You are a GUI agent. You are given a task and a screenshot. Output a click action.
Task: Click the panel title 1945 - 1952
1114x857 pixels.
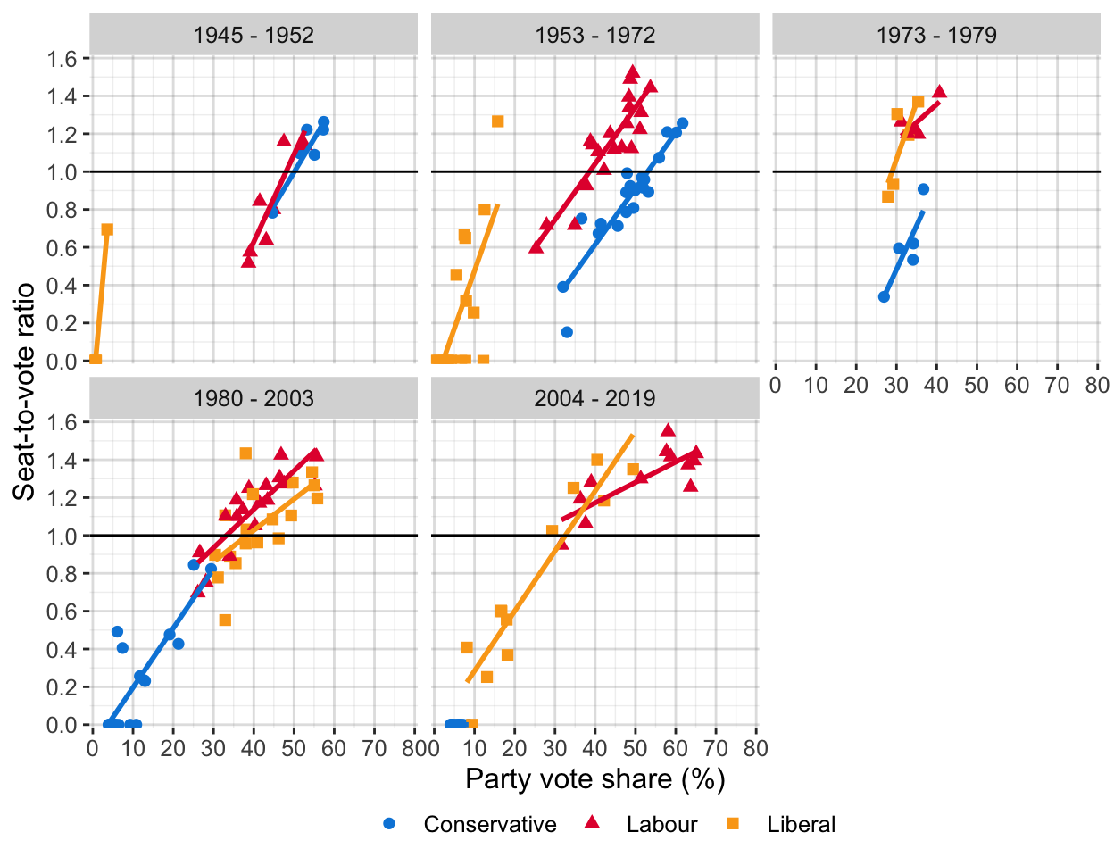coord(254,36)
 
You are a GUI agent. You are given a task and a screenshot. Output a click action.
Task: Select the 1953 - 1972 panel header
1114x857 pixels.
coord(595,36)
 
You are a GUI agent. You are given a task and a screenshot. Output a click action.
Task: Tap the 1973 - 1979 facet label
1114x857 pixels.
coord(936,36)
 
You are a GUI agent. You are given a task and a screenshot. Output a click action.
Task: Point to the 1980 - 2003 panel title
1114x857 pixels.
coord(254,398)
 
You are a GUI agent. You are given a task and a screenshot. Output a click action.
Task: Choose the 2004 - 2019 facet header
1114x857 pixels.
coord(595,398)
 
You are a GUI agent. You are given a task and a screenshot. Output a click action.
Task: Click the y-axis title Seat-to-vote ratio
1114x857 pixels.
coord(24,391)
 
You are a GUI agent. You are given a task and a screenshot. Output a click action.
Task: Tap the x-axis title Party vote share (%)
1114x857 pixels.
coord(595,778)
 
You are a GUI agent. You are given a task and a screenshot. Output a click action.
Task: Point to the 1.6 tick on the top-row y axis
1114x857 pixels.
coord(68,58)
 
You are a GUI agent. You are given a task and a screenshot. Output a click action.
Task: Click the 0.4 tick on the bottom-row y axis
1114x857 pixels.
coord(68,649)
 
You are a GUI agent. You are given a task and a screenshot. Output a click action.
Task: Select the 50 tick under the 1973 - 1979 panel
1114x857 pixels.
coord(977,385)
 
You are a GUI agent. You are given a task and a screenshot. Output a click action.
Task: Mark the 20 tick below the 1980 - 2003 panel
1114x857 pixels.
coord(173,748)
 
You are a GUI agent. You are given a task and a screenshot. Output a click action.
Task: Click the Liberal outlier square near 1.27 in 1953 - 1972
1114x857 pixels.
coord(497,121)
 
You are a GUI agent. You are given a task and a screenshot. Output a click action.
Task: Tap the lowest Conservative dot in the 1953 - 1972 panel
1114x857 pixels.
coord(567,332)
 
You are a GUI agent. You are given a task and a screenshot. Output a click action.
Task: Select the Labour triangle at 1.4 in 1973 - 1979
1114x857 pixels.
coord(939,92)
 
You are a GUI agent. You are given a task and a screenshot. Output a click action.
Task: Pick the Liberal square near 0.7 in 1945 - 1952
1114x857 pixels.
coord(107,229)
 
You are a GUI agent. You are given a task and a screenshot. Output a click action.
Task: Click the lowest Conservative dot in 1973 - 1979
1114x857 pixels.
coord(884,296)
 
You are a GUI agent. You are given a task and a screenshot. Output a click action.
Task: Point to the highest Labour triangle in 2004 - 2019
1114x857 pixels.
coord(668,430)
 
